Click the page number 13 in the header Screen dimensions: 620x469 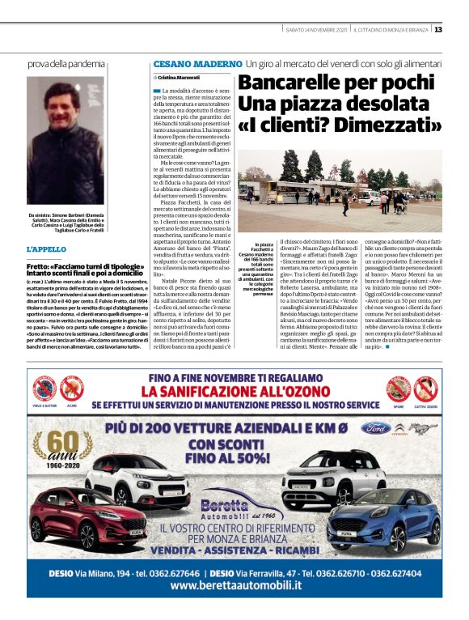pos(437,30)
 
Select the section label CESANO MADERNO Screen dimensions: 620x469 pos(197,63)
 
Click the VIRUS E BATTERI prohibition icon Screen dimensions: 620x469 pos(44,389)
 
